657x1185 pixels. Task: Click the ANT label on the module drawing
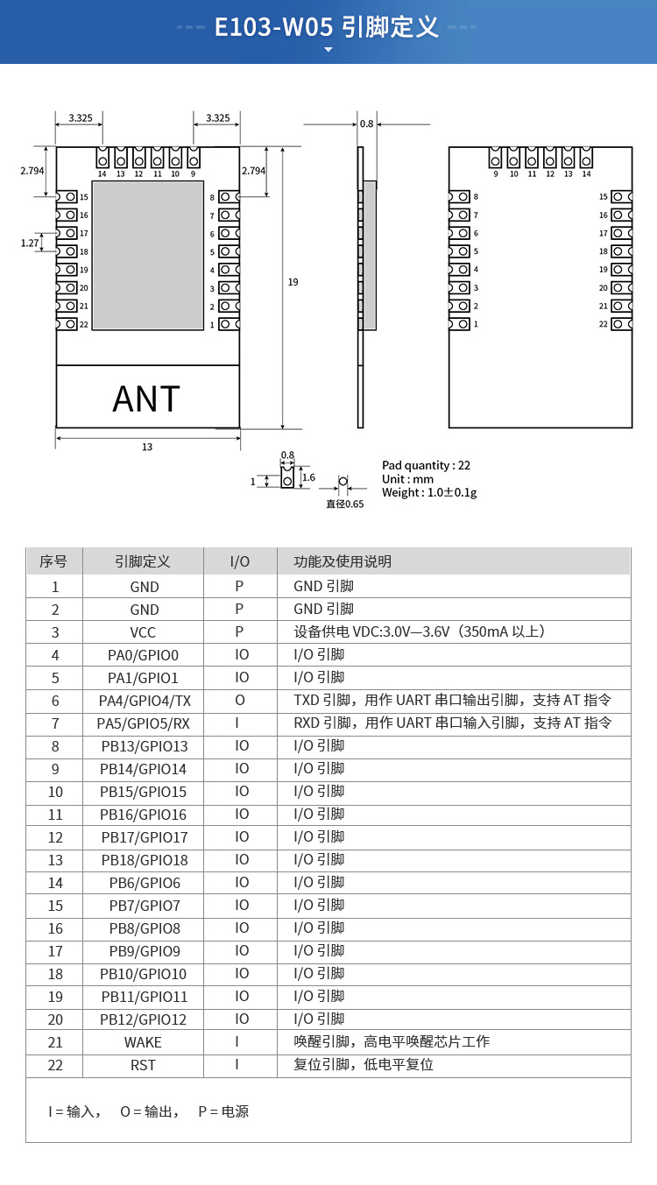(x=146, y=399)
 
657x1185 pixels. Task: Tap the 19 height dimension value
(x=293, y=282)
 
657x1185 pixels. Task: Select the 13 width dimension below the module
(x=147, y=447)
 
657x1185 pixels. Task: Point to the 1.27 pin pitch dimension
(x=30, y=243)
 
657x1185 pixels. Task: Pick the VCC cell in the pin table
(x=144, y=632)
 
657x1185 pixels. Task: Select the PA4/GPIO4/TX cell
(x=144, y=701)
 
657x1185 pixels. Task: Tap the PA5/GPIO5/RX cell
(x=144, y=723)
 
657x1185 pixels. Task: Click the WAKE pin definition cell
(x=144, y=1042)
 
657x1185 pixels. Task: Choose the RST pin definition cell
(x=144, y=1065)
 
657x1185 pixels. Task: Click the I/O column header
(x=239, y=561)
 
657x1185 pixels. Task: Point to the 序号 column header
(x=54, y=561)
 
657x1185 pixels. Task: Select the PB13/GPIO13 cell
(x=144, y=746)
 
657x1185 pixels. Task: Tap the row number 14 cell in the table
(x=55, y=883)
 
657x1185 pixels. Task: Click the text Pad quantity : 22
(x=426, y=465)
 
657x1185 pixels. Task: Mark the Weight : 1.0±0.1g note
(x=429, y=492)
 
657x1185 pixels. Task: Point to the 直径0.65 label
(x=344, y=504)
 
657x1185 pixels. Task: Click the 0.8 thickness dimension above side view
(x=366, y=123)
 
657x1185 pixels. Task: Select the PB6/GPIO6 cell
(x=144, y=883)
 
